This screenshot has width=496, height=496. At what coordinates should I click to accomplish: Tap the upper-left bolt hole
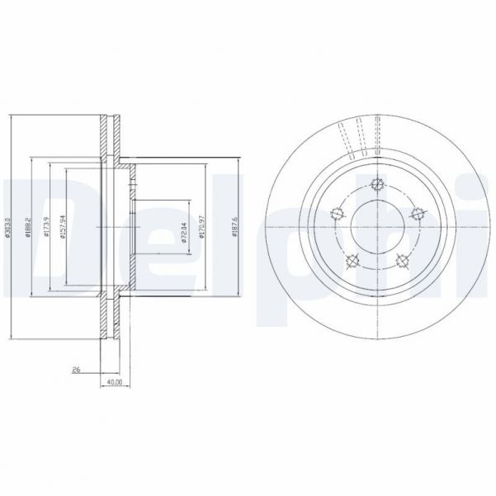point(336,213)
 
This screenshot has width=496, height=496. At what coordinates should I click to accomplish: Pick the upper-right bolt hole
point(418,213)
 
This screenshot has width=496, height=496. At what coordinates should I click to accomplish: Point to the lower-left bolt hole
point(352,262)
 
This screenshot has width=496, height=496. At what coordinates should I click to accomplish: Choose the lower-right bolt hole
point(403,262)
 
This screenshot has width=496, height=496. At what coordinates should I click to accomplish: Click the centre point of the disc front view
point(377,226)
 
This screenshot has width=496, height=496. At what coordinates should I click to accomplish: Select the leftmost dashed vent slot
point(344,138)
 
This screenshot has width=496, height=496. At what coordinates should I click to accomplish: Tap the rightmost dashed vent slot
point(379,135)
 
